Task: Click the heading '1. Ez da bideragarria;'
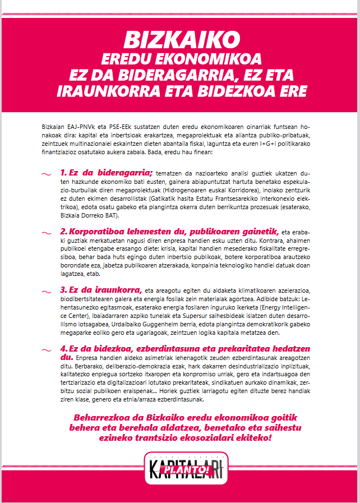pyautogui.click(x=107, y=172)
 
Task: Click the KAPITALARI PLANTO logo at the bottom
pyautogui.click(x=180, y=467)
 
